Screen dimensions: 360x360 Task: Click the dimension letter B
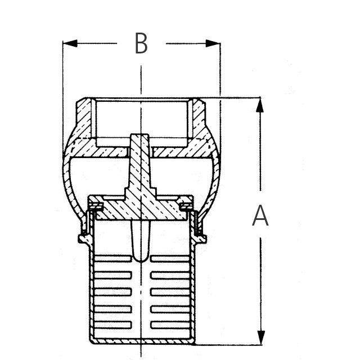point(141,43)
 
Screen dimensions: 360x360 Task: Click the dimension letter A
point(260,215)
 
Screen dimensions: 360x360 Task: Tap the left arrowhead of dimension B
point(70,43)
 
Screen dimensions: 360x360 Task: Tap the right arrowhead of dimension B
point(213,43)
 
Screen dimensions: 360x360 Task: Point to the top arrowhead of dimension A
point(260,105)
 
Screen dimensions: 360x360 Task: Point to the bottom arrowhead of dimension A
point(260,337)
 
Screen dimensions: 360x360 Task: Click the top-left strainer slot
point(112,259)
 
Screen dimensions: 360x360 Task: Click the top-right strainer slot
point(170,259)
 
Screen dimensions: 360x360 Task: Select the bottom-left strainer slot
point(112,325)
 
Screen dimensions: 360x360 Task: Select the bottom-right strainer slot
point(170,325)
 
